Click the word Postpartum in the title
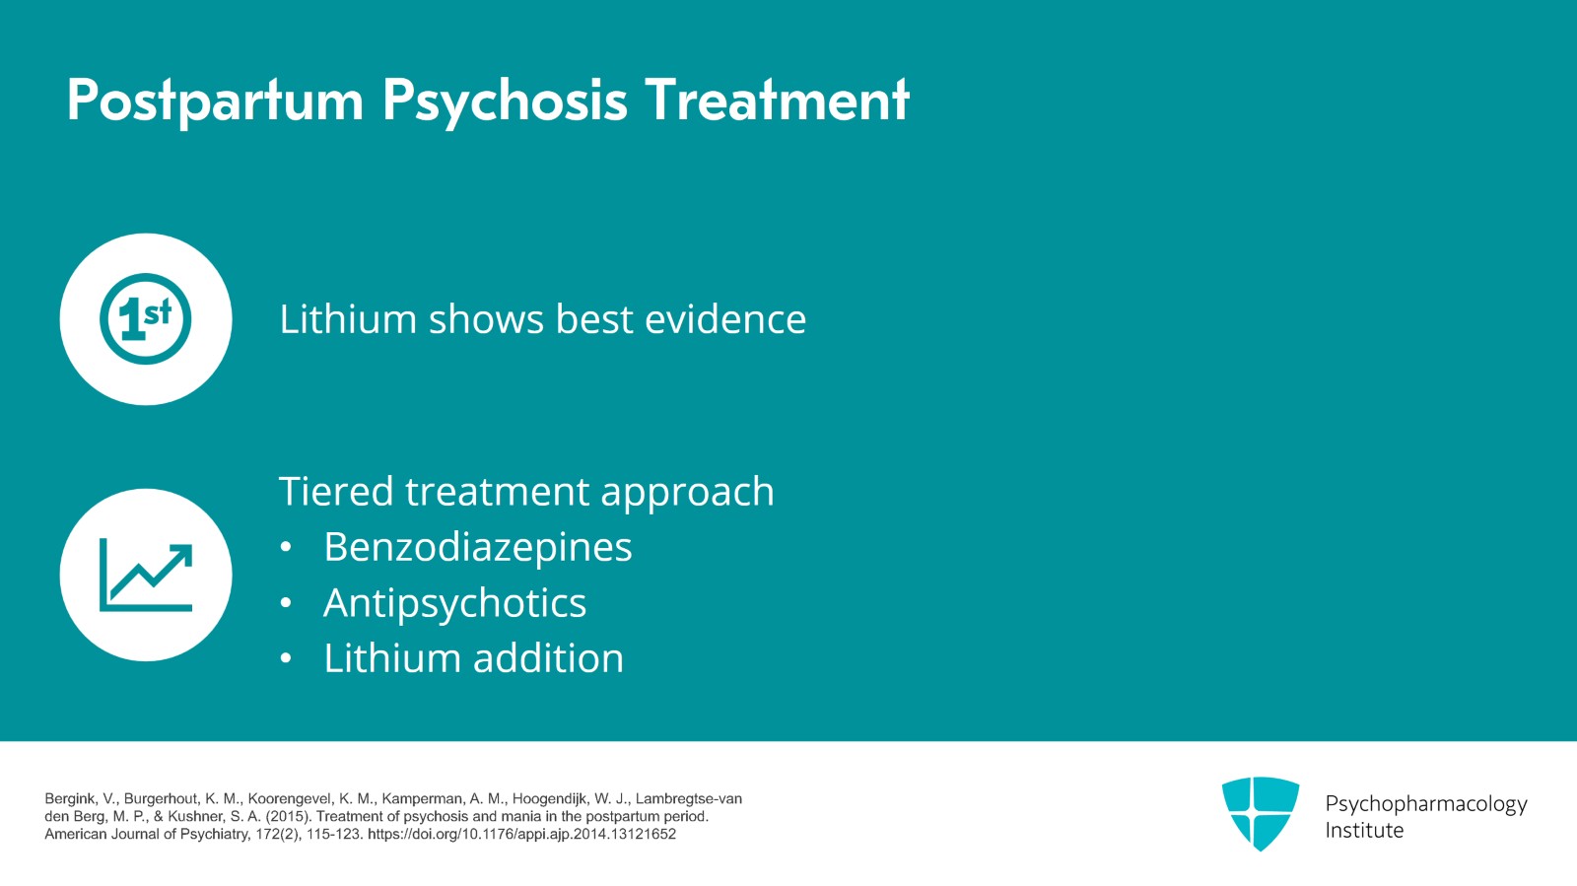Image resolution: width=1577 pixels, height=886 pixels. click(x=215, y=101)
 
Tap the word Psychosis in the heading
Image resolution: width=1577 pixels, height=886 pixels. click(x=505, y=101)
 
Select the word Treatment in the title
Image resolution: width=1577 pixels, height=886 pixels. click(x=777, y=101)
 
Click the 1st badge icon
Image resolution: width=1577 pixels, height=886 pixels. click(x=146, y=319)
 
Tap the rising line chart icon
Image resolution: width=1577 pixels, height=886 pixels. click(x=146, y=575)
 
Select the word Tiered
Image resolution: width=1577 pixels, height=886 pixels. click(x=336, y=492)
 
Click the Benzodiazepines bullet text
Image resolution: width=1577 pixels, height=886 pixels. click(x=478, y=547)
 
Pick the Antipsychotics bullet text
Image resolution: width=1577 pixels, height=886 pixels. click(x=454, y=603)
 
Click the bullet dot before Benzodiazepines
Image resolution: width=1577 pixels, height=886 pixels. click(x=286, y=548)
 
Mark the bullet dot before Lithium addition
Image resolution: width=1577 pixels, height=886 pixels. click(x=286, y=659)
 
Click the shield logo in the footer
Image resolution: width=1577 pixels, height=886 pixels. click(x=1260, y=813)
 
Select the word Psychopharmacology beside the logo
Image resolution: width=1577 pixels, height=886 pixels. click(x=1425, y=804)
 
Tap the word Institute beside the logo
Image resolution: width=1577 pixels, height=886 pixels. click(x=1364, y=831)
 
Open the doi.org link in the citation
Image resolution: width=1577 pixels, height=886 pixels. click(x=521, y=835)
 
